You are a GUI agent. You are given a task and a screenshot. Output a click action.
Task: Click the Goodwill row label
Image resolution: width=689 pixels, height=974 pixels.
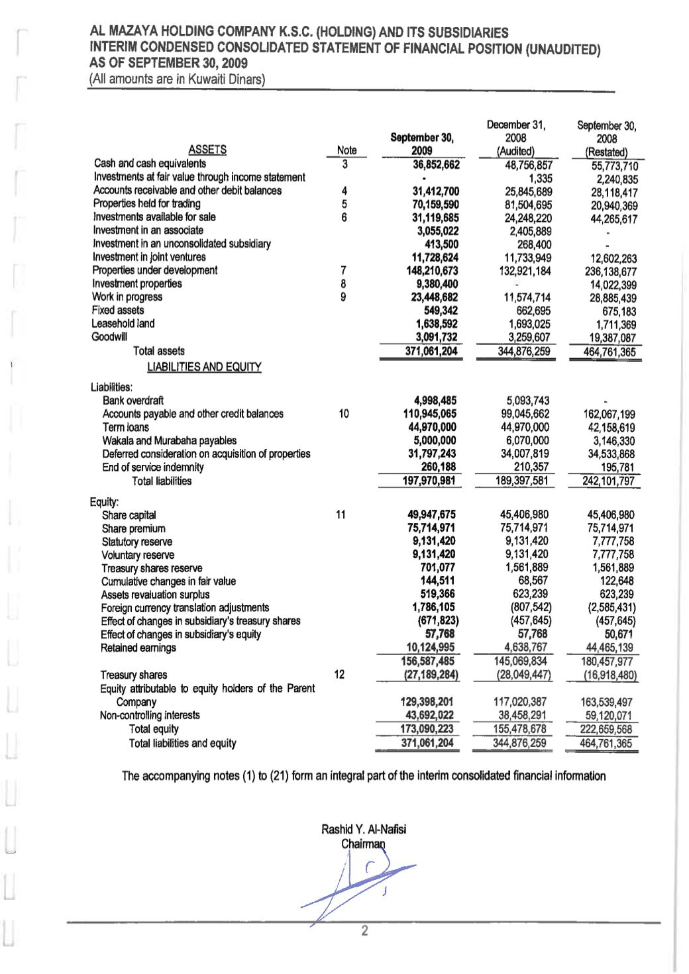pos(109,337)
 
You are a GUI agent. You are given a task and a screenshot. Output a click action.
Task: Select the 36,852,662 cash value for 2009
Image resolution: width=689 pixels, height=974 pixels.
pos(435,164)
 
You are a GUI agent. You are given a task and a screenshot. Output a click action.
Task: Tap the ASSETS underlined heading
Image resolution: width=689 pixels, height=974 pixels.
pos(207,150)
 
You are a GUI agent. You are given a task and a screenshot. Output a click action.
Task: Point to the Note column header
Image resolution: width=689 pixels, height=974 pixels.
pos(346,150)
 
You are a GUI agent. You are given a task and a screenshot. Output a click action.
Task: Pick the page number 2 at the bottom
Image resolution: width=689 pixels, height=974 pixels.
pos(364,932)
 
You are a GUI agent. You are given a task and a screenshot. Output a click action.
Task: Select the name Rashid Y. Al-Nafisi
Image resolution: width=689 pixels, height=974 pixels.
pos(364,829)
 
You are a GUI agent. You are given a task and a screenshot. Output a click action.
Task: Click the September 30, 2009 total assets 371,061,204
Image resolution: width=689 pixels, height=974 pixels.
pos(431,351)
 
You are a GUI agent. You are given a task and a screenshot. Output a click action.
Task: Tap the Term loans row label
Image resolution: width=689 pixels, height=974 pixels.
pos(126,427)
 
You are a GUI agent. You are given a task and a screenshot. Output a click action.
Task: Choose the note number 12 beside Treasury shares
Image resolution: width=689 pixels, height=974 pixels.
pos(339,674)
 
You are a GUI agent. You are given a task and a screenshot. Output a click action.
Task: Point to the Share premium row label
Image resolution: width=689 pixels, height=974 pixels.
pos(134,528)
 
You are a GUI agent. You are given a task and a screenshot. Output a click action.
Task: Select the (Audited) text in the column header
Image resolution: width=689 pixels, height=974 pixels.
pos(516,151)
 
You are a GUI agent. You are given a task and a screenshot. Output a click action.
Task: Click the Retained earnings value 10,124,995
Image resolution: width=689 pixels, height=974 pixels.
pos(430,647)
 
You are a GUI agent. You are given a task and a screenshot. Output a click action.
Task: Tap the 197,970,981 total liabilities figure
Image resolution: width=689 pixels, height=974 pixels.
pos(429,481)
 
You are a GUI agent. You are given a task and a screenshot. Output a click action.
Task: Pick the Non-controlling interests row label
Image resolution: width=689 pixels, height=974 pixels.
pos(150,715)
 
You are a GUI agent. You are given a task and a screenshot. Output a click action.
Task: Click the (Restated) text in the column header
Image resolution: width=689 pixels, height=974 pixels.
pos(606,152)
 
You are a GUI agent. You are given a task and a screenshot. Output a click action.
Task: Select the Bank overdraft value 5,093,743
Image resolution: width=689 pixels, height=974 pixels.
pos(527,401)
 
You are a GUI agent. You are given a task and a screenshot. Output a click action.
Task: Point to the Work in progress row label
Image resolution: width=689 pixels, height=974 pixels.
pos(127,297)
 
